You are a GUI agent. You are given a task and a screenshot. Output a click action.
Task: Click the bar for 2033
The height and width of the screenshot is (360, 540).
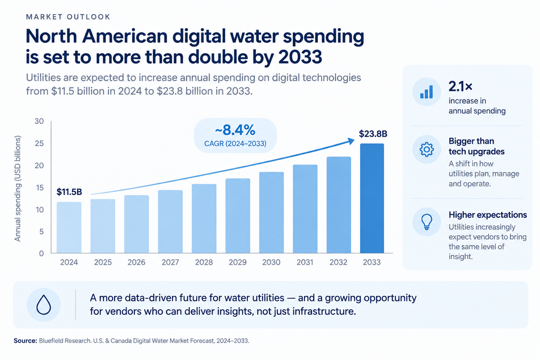coord(372,198)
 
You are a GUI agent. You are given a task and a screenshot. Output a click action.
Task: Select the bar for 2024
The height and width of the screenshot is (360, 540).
coord(69,228)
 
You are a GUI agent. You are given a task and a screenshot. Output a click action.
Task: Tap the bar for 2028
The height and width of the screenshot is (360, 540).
coord(204,219)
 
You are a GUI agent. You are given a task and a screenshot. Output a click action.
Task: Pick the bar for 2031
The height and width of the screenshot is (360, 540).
coord(305,209)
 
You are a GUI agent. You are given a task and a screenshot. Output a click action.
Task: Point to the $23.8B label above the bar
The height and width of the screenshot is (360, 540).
coord(373,133)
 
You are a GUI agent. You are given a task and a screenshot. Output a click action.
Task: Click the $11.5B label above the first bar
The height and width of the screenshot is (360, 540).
coord(69,192)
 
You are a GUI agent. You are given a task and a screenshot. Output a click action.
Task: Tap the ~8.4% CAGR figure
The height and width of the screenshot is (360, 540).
coord(235,130)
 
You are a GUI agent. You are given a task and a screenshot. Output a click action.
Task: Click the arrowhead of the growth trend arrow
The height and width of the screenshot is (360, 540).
coord(351,141)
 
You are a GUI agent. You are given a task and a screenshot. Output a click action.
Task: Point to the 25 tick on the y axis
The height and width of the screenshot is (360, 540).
coord(39,143)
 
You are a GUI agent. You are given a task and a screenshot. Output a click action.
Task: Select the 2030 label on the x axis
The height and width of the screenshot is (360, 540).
coord(271,262)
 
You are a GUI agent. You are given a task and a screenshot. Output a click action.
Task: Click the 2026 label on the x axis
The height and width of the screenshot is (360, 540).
coord(137,262)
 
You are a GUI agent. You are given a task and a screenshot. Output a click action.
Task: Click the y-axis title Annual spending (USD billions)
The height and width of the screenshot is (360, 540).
coord(17,188)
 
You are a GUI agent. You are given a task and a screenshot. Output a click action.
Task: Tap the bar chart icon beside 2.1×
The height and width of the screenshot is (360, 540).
coord(426,92)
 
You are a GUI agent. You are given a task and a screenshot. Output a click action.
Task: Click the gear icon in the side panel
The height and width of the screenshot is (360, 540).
coord(426,149)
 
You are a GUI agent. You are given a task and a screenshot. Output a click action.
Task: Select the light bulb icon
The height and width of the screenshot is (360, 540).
coord(427,222)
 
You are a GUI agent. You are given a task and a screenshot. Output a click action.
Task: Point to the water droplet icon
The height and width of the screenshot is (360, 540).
coord(44,305)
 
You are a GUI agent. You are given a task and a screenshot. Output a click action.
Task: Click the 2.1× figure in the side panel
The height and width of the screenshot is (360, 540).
coord(460,86)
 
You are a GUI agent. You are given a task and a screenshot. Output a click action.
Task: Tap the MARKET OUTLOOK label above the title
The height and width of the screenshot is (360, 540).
coord(68,17)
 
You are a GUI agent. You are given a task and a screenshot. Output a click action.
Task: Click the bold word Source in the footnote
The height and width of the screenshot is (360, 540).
coord(25,340)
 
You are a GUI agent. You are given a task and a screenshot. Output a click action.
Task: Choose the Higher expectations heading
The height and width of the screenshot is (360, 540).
coord(488,215)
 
